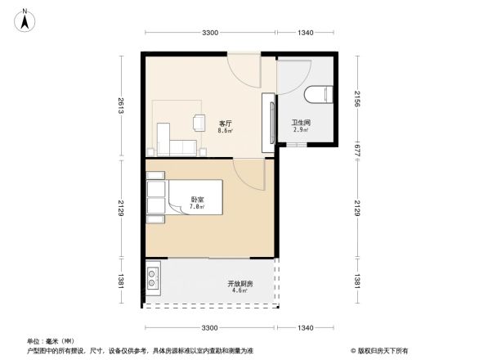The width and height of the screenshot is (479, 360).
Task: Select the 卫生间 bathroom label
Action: pyautogui.click(x=300, y=123)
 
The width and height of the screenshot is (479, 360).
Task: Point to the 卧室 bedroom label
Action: pyautogui.click(x=197, y=200)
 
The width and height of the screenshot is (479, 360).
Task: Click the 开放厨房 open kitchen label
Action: pyautogui.click(x=239, y=284)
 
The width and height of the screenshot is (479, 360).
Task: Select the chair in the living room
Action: pyautogui.click(x=199, y=123)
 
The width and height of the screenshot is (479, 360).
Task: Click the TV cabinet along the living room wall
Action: pyautogui.click(x=267, y=123)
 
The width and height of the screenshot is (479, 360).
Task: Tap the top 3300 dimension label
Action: pyautogui.click(x=210, y=33)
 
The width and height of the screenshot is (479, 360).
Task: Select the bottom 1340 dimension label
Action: pyautogui.click(x=306, y=328)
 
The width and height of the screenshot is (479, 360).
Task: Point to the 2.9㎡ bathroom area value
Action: pyautogui.click(x=300, y=130)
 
